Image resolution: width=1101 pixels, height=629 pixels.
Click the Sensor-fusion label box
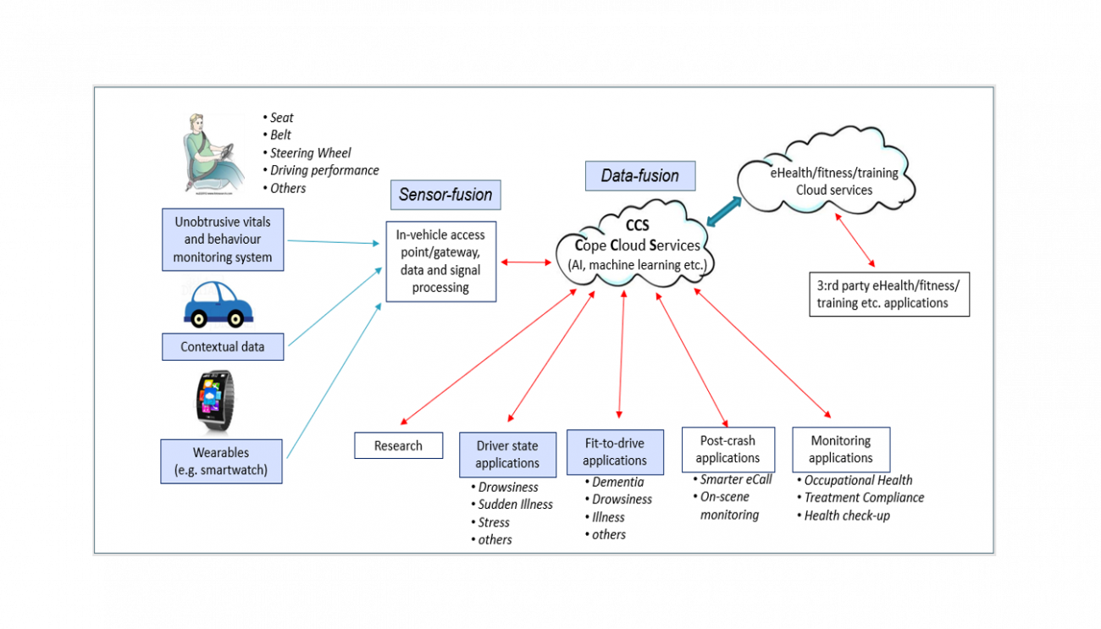tap(445, 195)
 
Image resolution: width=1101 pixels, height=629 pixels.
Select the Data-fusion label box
tap(639, 176)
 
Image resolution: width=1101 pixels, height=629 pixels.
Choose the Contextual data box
tap(223, 347)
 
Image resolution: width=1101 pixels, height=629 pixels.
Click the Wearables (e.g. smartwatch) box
tap(221, 461)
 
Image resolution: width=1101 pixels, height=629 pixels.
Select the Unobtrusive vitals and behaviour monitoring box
tap(223, 240)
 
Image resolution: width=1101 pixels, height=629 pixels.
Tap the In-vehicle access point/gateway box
tap(440, 262)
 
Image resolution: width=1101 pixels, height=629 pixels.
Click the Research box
tap(398, 445)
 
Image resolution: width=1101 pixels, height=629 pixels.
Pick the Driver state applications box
tap(507, 455)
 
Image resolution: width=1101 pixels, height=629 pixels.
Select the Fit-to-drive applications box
tap(615, 452)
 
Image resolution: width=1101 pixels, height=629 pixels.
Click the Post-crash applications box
tap(728, 450)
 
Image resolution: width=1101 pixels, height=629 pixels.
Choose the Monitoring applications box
tap(840, 450)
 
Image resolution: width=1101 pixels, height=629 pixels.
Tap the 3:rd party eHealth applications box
tap(888, 295)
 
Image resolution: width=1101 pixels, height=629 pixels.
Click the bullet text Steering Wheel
tap(310, 153)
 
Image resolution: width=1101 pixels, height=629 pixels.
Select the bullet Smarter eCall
tap(735, 479)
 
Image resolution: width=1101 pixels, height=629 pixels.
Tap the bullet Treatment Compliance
tap(863, 498)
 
